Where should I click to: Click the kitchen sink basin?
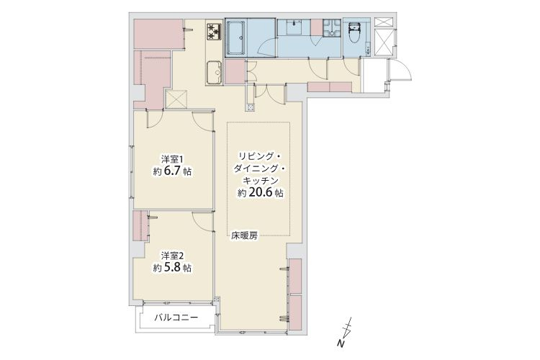coord(214,72)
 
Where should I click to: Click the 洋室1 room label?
coord(170,159)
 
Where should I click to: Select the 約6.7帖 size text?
coord(171,171)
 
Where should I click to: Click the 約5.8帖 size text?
coord(171,268)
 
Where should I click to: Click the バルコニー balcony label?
coord(178,317)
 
